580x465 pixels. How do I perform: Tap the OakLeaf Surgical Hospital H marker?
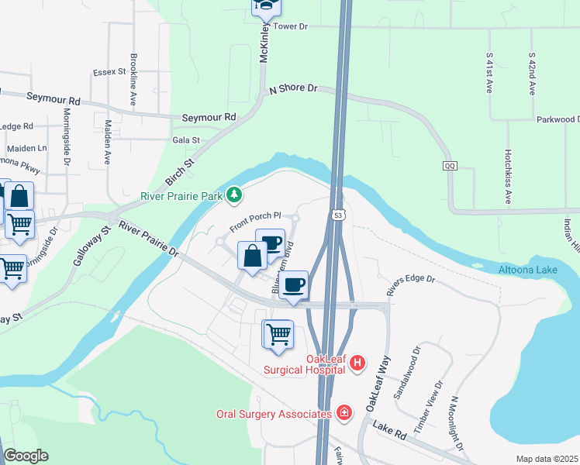pos(357,363)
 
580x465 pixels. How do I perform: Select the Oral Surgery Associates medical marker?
pos(344,414)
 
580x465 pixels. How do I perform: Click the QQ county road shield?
pos(450,166)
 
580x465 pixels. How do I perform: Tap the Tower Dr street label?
pos(291,26)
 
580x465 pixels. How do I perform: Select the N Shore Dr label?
pos(294,90)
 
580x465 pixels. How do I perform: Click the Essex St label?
pos(109,71)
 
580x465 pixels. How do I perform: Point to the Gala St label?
pos(186,140)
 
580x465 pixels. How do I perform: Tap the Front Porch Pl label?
pos(254,224)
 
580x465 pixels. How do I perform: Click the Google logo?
pos(26,456)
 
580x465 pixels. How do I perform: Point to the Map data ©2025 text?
pos(547,459)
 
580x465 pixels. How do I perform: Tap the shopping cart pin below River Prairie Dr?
pos(278,336)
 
